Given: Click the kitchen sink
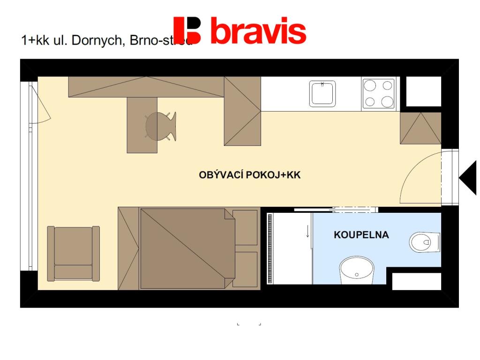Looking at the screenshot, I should coord(322,93).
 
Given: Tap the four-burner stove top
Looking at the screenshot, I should coord(379,93).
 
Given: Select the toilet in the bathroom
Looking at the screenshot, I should coord(424,242).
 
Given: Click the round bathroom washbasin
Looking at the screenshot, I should coord(356,270).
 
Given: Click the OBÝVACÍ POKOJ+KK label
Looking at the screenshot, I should coord(249,175).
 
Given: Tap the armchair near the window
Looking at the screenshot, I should coord(73,253).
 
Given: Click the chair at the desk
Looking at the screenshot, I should coord(160,126).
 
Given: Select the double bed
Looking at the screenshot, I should coord(187,248).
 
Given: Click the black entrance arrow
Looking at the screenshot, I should coord(468,178).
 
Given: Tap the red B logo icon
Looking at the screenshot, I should coord(187,30).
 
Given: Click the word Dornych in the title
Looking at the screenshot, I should coord(99,40).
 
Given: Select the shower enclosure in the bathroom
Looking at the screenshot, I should coord(289,248).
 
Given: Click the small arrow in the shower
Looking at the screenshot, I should coord(307,231).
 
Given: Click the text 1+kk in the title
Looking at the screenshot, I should coord(35,40).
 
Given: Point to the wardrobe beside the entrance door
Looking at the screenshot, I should coord(420,128).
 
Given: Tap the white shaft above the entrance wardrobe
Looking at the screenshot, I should coord(423,91).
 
